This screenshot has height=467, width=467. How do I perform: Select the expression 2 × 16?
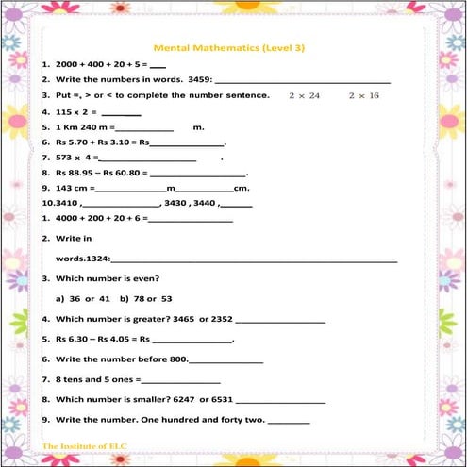363,96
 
